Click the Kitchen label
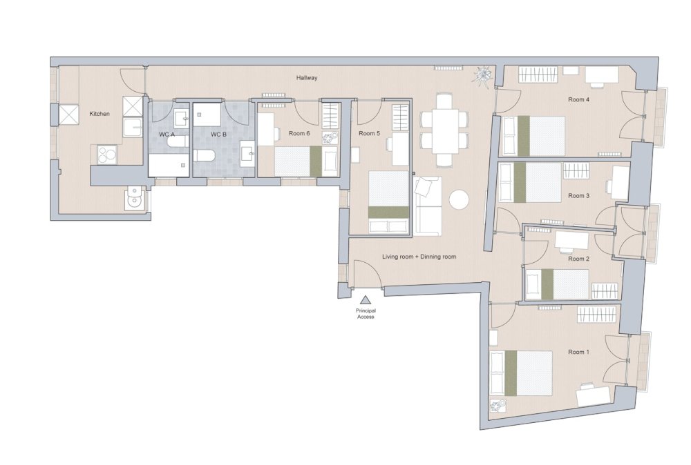100,114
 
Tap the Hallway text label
307,78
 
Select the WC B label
218,134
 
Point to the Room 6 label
299,133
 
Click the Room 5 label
369,133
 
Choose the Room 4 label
578,99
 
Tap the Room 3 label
578,196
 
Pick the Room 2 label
578,259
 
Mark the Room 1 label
578,352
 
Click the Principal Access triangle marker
365,301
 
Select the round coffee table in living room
460,199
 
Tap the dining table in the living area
444,130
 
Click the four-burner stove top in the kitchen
108,154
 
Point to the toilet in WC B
204,155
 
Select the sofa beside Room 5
428,206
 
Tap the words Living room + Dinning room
419,257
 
